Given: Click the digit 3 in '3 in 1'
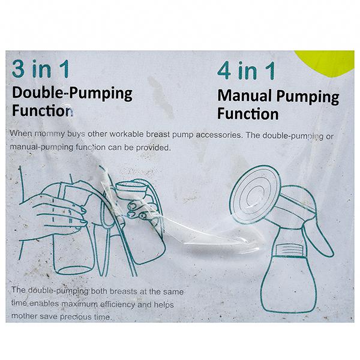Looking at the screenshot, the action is (18, 69).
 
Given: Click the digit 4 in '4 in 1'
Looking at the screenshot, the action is (224, 70).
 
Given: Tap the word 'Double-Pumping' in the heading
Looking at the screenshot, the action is (72, 93).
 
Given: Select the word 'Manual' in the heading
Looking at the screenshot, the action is (245, 95).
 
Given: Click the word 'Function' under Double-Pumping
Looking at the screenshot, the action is (42, 110).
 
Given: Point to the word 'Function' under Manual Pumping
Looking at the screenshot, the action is (248, 113).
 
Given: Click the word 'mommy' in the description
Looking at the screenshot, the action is (50, 134).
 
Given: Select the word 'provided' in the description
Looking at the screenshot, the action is (154, 148).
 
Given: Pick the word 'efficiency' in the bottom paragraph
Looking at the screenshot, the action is (118, 305).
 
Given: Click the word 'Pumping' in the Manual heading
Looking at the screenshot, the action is (308, 97).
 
